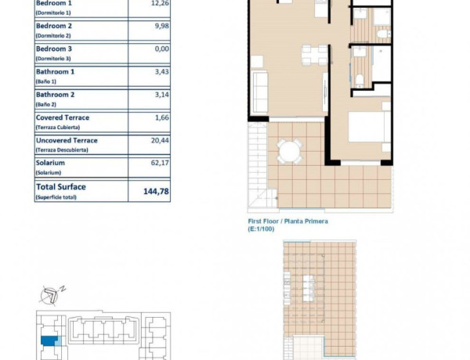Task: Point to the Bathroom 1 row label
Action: [57, 74]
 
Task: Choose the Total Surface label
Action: [61, 187]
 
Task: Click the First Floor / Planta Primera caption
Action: [287, 221]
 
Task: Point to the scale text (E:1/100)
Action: [263, 229]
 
